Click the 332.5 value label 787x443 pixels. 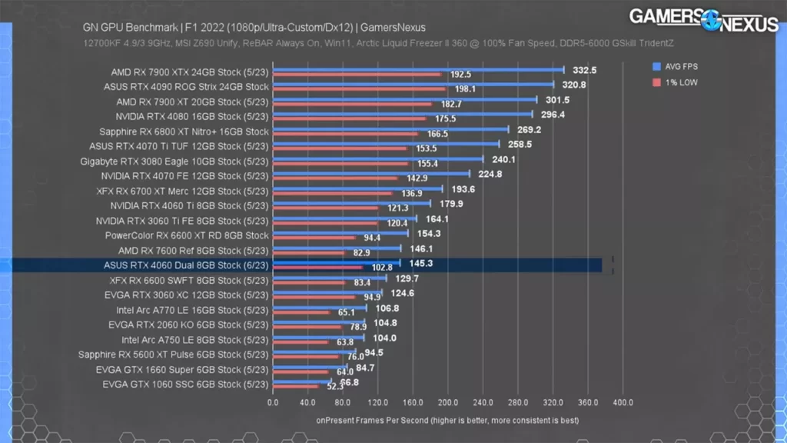585,70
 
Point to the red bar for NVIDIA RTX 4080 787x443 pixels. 349,119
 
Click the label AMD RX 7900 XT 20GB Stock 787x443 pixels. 192,102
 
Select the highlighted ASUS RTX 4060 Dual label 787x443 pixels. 186,265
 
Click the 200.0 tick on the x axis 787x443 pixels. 448,402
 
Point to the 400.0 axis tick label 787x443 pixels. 623,402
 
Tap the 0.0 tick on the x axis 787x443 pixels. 273,402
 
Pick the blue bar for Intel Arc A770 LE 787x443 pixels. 320,308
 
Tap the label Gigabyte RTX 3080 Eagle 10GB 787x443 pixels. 174,162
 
